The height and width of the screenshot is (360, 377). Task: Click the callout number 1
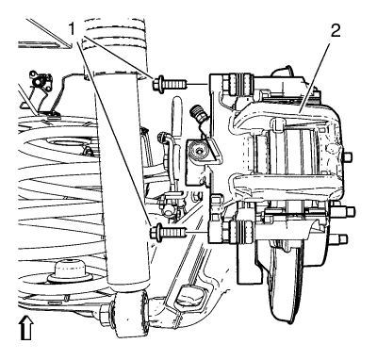[73, 30]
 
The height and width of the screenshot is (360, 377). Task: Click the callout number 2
[335, 30]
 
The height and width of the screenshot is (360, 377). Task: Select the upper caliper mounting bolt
[170, 84]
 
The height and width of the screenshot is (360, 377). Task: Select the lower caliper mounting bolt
[169, 233]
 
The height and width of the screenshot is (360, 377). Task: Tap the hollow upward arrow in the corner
[26, 328]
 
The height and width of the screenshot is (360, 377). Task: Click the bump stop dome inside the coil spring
[70, 271]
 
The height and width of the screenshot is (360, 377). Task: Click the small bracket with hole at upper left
[40, 81]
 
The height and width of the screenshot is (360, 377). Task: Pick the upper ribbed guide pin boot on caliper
[240, 84]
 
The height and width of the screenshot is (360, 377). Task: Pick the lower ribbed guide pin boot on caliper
[240, 233]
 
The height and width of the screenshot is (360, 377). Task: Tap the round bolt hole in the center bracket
[199, 151]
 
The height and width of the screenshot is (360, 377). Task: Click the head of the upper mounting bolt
[158, 84]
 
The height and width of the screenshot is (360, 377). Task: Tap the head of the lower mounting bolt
[156, 233]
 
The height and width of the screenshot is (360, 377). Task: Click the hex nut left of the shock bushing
[105, 314]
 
